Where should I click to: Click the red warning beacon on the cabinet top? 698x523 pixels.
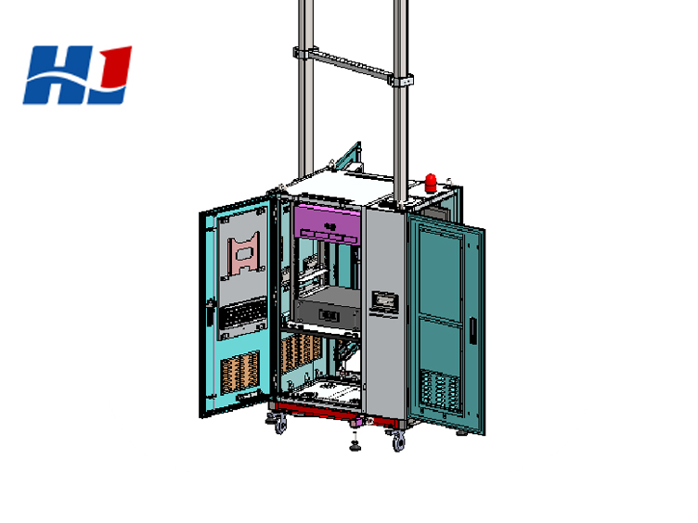click(431, 183)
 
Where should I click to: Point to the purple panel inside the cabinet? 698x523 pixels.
click(327, 223)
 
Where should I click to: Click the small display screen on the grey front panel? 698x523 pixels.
click(384, 301)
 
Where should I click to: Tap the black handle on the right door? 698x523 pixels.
click(472, 329)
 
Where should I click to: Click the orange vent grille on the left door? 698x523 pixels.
click(240, 373)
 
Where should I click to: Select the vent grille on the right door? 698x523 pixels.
click(440, 391)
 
